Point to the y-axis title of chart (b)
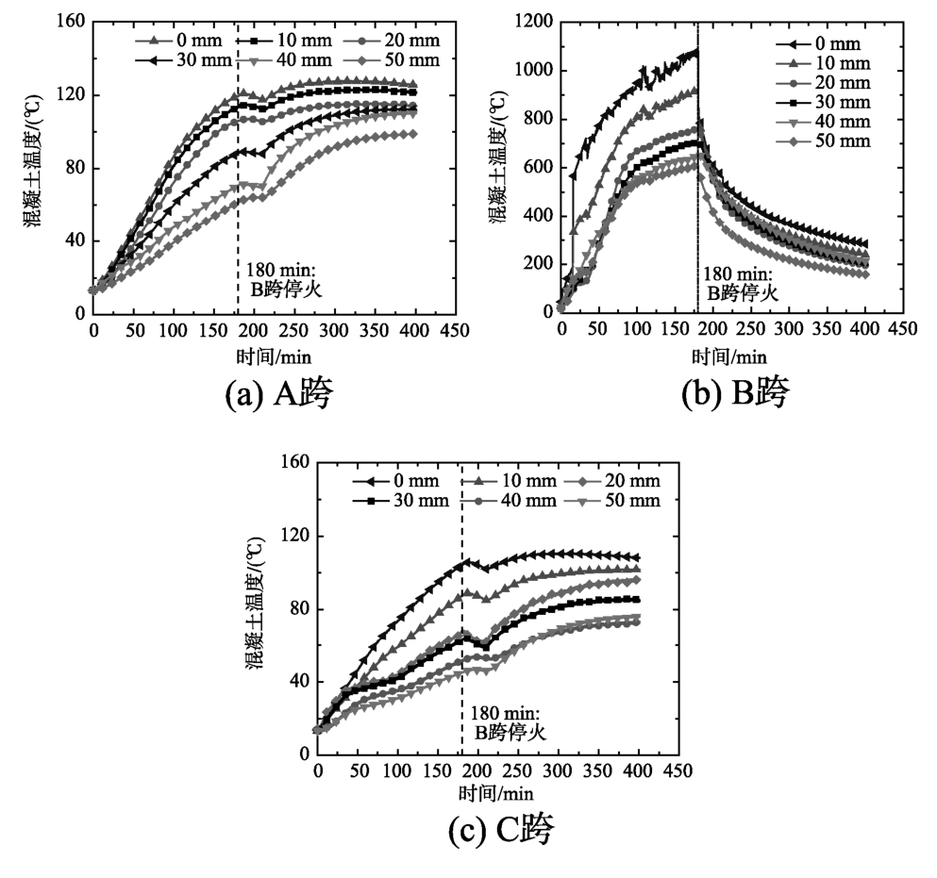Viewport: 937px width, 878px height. (x=497, y=165)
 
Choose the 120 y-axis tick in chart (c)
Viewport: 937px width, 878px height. (x=297, y=537)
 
